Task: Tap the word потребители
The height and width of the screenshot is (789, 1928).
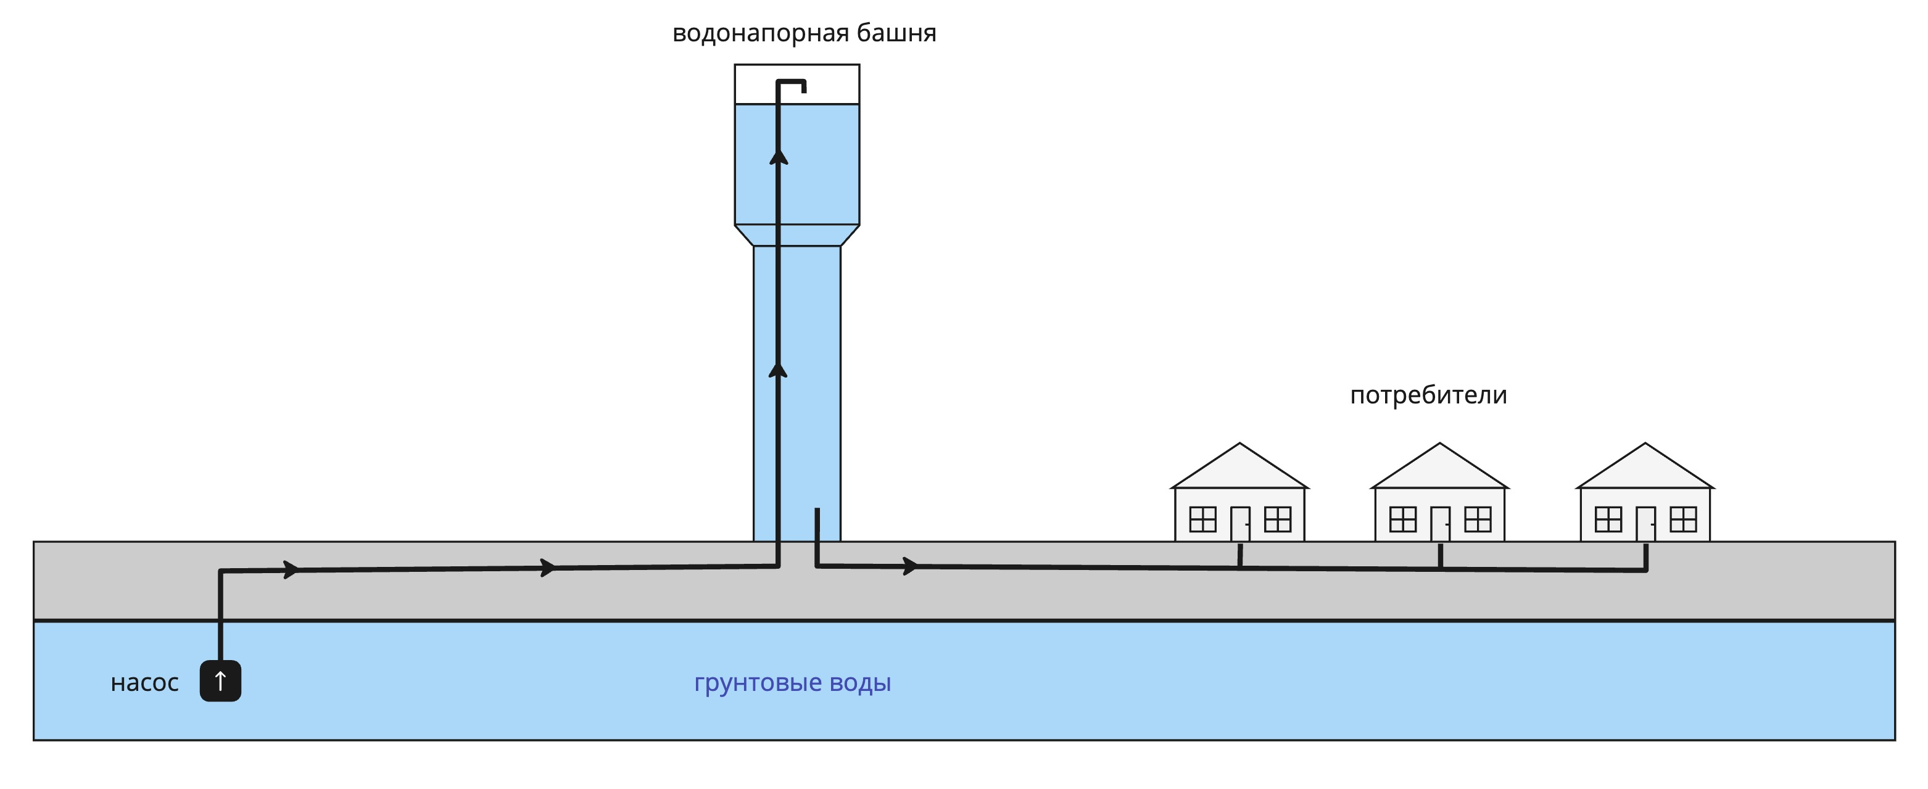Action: [x=1428, y=395]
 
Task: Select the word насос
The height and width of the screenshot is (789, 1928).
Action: [x=144, y=683]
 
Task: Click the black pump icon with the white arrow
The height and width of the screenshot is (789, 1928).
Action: [x=220, y=680]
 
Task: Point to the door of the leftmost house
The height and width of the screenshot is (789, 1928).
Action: [x=1240, y=523]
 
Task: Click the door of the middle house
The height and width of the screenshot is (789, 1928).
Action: [x=1440, y=523]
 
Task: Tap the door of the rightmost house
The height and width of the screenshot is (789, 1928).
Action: [x=1645, y=523]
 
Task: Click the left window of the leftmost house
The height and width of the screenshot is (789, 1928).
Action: [x=1202, y=519]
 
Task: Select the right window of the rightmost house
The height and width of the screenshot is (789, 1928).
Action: [x=1683, y=519]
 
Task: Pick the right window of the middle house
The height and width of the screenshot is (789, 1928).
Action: [x=1478, y=519]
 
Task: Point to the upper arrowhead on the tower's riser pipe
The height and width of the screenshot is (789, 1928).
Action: [x=779, y=157]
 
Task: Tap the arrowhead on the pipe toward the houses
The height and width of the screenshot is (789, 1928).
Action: [x=910, y=566]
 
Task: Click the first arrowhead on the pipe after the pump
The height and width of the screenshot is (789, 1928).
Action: [x=291, y=569]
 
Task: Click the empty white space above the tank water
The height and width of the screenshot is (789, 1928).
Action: [x=831, y=84]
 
